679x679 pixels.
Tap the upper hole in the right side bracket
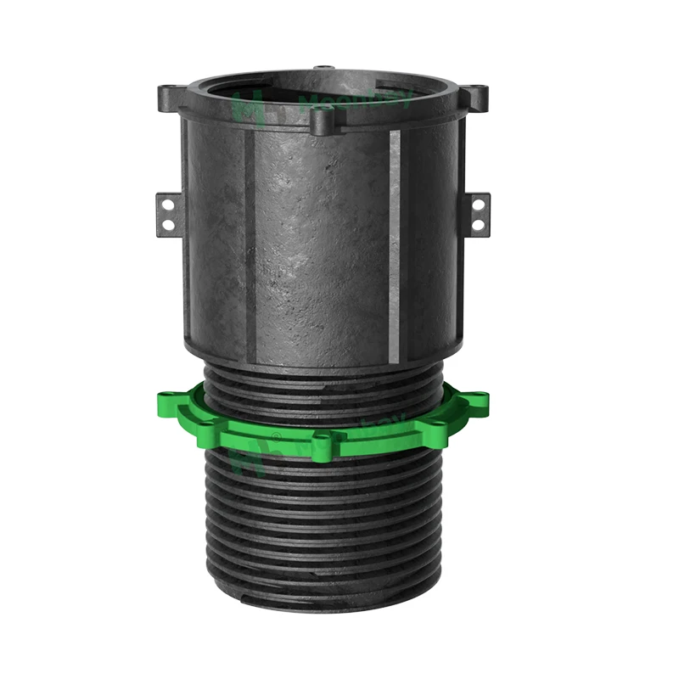coord(477,205)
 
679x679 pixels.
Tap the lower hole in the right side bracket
coord(477,224)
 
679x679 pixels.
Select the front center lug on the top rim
coord(321,124)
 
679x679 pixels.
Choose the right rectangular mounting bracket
coord(479,214)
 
